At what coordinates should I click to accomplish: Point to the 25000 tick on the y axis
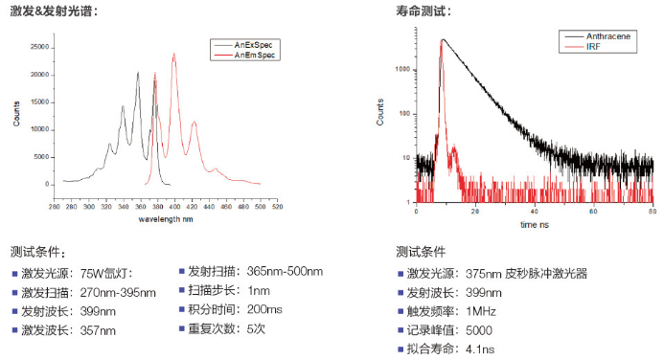(40, 46)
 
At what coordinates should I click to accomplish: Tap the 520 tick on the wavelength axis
(276, 206)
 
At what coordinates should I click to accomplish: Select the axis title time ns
(534, 225)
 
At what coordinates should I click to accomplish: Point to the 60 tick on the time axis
(594, 210)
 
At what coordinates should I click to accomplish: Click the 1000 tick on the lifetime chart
(403, 70)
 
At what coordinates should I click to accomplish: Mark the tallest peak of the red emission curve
(174, 55)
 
